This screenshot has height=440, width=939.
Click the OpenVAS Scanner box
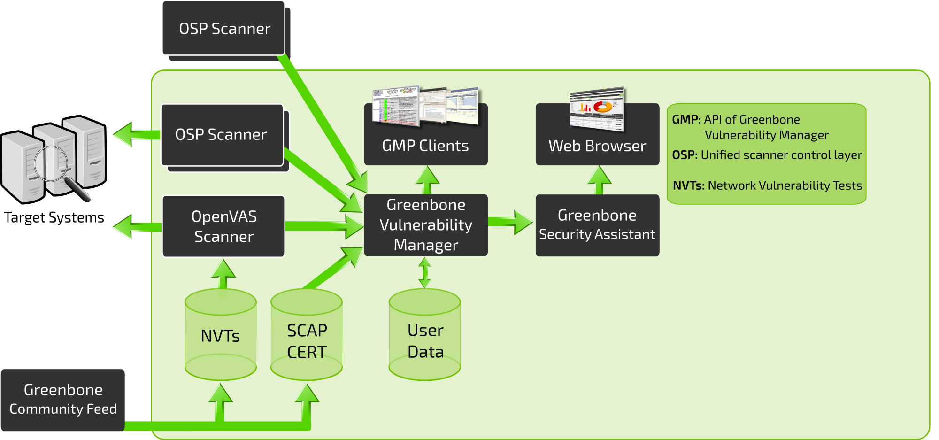223,226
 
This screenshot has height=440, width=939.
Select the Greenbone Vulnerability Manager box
426,225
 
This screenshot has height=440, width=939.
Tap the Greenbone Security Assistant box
597,225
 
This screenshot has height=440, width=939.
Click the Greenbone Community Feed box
63,400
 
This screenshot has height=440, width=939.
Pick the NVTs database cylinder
220,335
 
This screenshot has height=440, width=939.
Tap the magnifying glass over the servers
52,164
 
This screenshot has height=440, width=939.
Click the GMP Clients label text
425,146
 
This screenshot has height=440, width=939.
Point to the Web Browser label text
597,146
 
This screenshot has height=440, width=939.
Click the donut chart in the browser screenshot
603,106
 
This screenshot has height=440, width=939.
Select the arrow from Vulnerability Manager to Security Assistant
512,222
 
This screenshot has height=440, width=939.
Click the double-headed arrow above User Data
425,273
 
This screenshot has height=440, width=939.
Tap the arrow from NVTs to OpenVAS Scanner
223,274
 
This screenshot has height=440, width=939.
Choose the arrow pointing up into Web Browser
599,180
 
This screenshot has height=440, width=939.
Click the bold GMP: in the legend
686,120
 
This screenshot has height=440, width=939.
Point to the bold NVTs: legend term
688,185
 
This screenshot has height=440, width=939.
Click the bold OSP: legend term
685,155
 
